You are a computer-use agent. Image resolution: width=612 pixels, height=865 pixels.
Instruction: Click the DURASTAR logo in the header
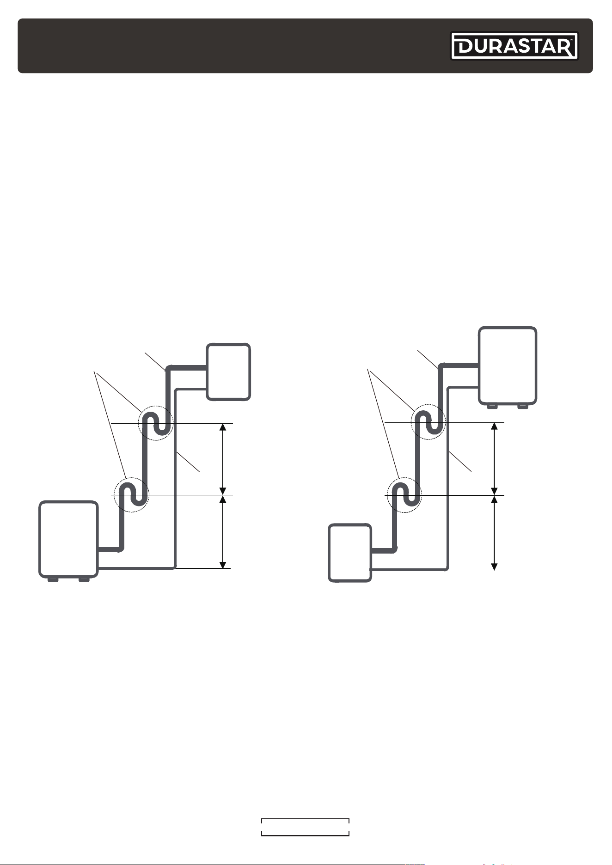pos(514,46)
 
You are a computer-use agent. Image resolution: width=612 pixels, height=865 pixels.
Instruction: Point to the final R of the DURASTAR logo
pos(566,46)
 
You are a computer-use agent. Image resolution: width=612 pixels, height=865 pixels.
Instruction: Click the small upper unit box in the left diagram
pos(229,372)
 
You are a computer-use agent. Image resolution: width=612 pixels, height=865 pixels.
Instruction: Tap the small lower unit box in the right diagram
pos(350,553)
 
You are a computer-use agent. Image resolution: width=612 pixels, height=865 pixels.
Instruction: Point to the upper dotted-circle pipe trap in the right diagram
pos(428,422)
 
